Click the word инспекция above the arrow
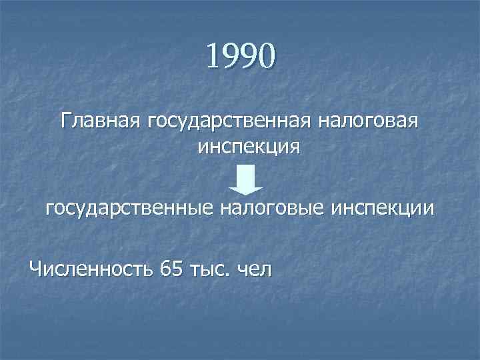click(249, 147)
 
